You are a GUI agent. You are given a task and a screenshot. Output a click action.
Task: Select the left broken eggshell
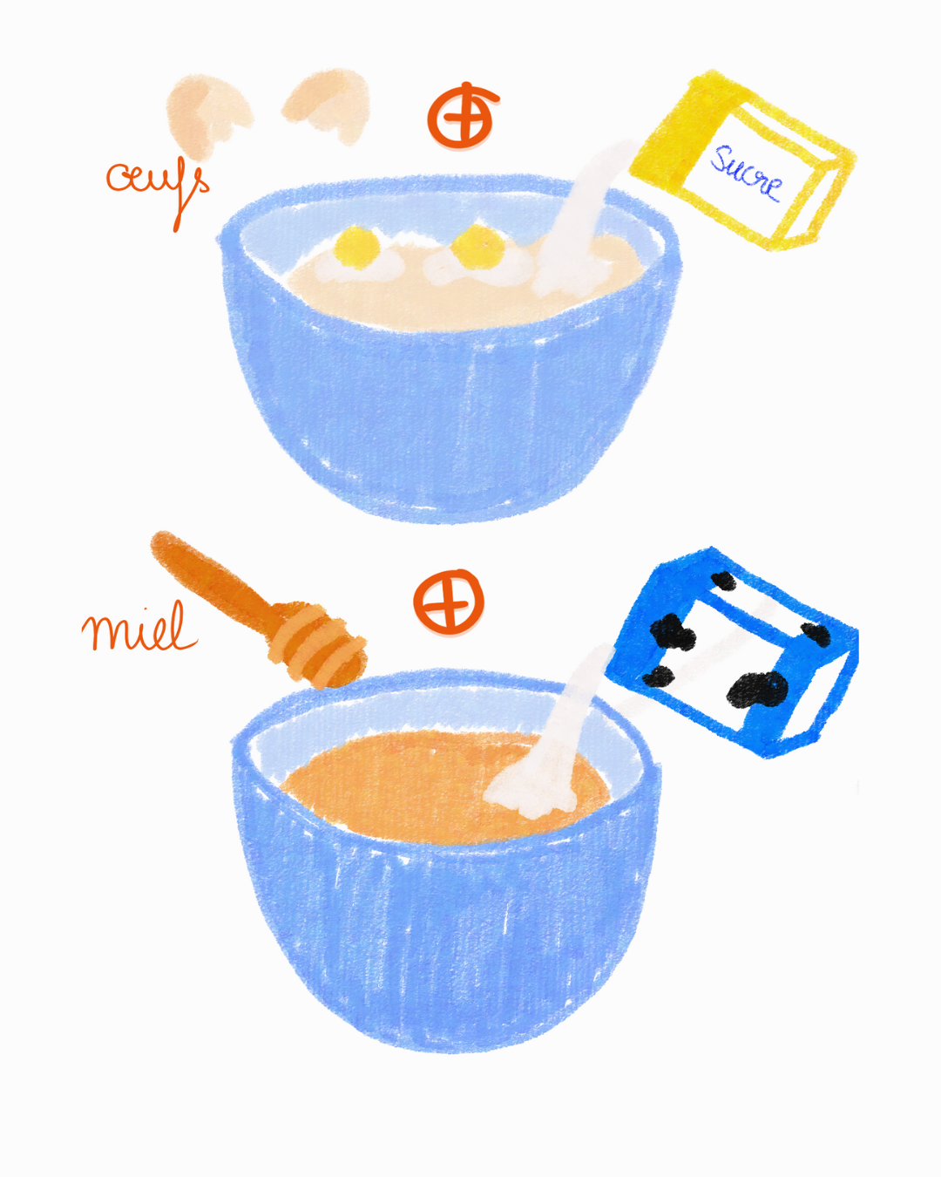pyautogui.click(x=207, y=117)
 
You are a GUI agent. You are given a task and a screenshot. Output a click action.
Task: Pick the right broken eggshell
pyautogui.click(x=328, y=104)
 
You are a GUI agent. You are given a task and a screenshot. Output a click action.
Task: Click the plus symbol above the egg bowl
pyautogui.click(x=464, y=115)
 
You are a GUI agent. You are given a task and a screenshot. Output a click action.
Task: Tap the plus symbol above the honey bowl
pyautogui.click(x=449, y=602)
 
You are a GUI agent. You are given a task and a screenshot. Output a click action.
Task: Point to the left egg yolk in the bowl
pyautogui.click(x=357, y=248)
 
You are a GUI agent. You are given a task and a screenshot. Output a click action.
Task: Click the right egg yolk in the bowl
pyautogui.click(x=477, y=247)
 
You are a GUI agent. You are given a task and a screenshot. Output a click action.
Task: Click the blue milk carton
pyautogui.click(x=733, y=652)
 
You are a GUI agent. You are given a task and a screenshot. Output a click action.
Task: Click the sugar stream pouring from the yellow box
pyautogui.click(x=591, y=197)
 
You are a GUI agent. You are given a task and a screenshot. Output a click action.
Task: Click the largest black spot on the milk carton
pyautogui.click(x=757, y=691)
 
